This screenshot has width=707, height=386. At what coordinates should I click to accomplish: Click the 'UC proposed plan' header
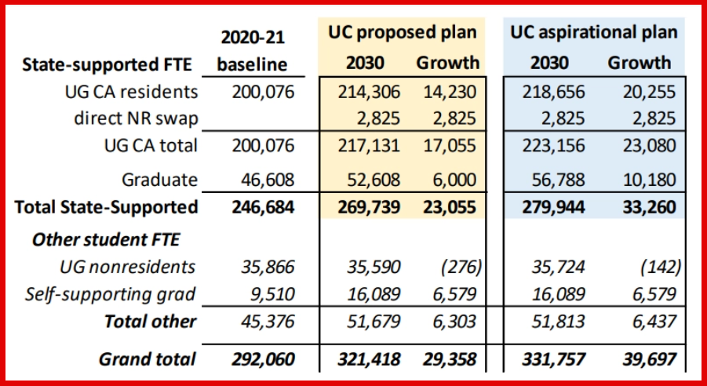click(x=403, y=33)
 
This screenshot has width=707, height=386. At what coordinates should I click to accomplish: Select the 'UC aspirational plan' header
click(x=593, y=33)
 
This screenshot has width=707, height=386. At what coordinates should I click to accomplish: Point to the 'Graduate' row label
click(x=159, y=180)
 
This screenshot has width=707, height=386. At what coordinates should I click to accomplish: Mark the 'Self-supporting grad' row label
click(x=110, y=295)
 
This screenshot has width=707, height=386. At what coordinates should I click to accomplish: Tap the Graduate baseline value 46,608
click(x=263, y=180)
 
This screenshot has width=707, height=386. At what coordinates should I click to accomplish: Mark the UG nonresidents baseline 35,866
click(x=263, y=268)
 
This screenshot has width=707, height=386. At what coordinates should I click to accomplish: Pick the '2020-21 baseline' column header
click(x=253, y=49)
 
